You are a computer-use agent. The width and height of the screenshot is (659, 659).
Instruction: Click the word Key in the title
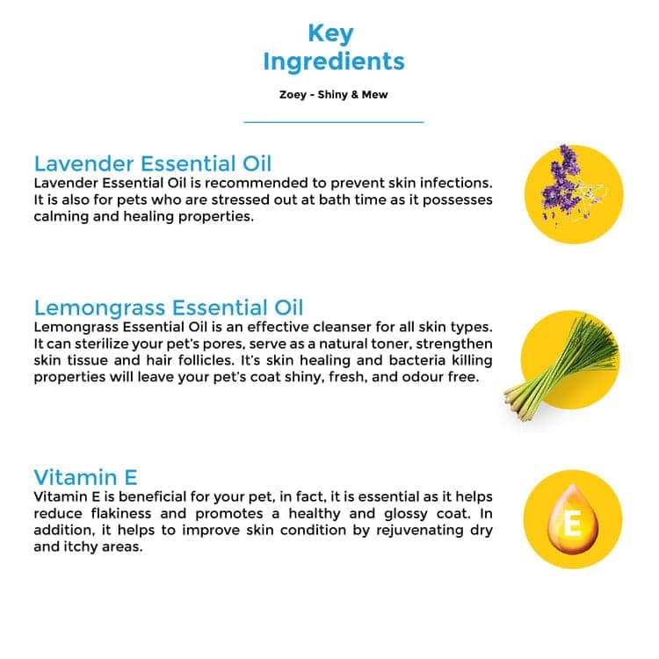(x=330, y=33)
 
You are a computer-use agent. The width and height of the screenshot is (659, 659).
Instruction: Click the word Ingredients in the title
(x=334, y=62)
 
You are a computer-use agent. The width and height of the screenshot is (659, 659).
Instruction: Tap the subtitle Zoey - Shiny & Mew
(x=333, y=95)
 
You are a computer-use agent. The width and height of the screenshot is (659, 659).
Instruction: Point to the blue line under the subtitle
(x=334, y=122)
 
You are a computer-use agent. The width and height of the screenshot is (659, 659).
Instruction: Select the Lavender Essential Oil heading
(x=153, y=163)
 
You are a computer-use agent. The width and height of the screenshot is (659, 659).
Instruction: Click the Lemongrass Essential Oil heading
(x=169, y=308)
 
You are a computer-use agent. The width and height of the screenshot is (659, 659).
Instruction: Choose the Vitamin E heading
(x=85, y=477)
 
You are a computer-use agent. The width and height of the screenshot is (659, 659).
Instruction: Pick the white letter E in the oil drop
(x=572, y=524)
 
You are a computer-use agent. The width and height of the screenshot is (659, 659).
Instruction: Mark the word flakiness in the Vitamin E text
(x=121, y=513)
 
